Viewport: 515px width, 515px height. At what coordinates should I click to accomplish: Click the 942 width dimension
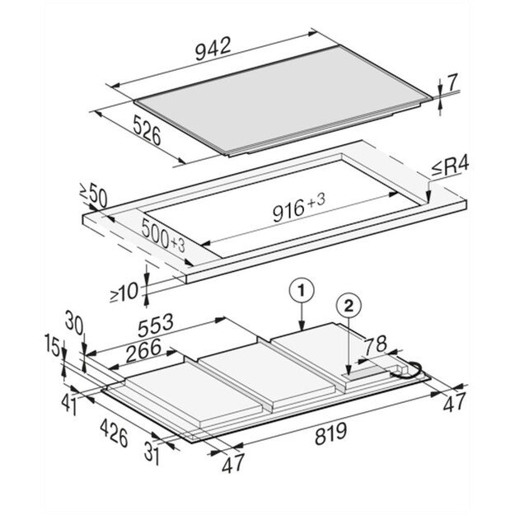(x=213, y=49)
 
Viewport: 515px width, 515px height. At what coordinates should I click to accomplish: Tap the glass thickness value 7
(x=452, y=82)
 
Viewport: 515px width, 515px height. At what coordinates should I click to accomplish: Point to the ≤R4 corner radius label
(x=450, y=168)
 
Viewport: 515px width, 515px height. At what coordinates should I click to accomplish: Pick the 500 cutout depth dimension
(x=163, y=236)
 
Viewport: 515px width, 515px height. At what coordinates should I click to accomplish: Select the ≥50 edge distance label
(x=93, y=196)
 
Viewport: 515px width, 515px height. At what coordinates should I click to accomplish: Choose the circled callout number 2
(x=349, y=307)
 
